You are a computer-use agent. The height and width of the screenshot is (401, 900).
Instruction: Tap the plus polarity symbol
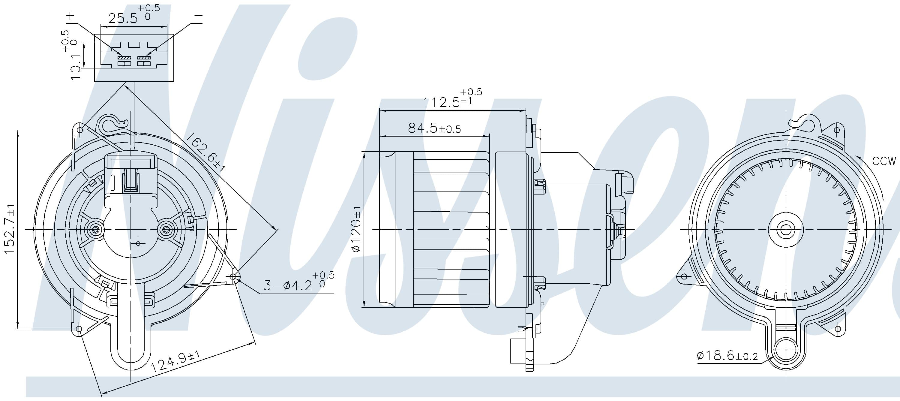click(x=70, y=16)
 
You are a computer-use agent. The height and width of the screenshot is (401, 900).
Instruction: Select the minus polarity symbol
click(x=198, y=16)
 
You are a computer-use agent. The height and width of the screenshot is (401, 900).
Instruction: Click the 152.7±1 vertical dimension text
click(x=10, y=229)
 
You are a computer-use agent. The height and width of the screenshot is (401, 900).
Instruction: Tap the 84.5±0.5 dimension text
click(x=434, y=128)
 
